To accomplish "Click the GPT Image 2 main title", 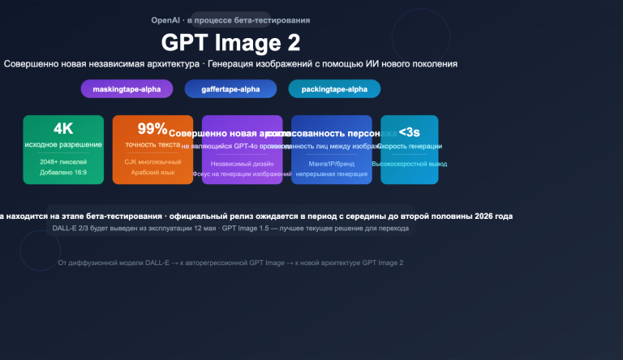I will pos(230,41).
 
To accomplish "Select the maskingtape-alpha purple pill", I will pos(127,89).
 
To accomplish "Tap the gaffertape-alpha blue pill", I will pos(230,89).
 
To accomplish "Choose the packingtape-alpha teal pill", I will pos(334,89).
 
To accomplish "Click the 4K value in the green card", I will pos(63,129).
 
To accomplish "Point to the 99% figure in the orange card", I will pos(153,129).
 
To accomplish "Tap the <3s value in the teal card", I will pos(409,131).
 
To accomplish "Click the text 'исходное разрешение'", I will pos(63,145).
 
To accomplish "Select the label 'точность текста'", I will pos(153,145).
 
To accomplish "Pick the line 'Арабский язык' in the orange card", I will pos(153,173).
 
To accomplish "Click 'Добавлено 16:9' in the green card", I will pos(63,173).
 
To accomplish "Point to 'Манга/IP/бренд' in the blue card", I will pos(331,163).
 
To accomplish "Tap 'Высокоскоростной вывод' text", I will pos(410,164).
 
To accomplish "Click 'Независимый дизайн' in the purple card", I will pos(242,163).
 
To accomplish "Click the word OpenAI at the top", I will pos(165,19).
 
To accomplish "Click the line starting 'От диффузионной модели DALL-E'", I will pos(230,263).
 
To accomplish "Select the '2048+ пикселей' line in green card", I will pos(63,162).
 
